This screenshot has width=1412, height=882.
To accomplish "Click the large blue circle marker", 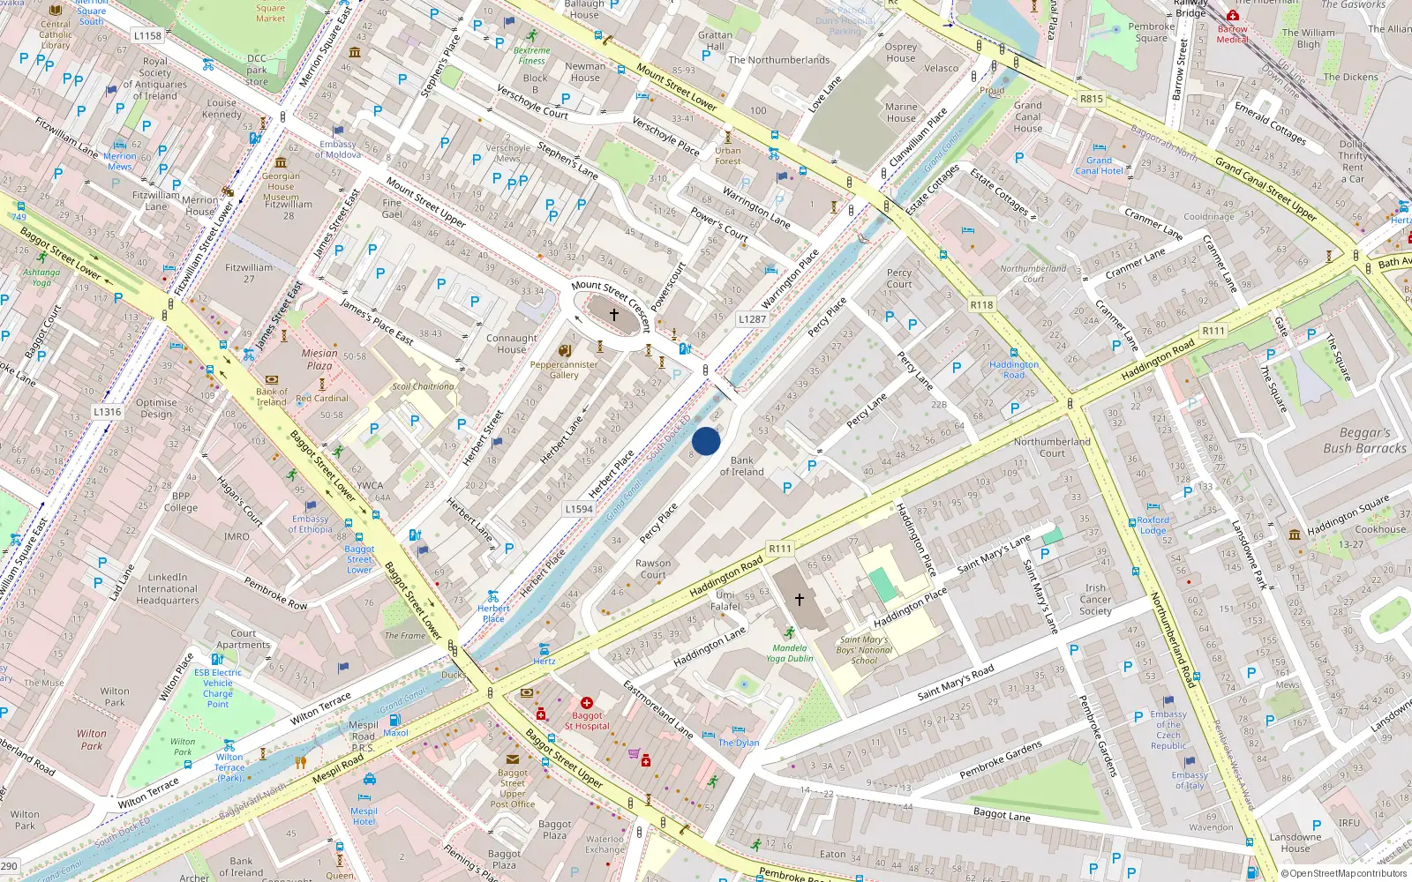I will coord(706,441).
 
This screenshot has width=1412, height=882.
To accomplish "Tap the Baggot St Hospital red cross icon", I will coord(587,703).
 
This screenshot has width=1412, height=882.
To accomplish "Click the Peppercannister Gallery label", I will coord(564,370).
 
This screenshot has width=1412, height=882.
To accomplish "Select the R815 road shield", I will coord(1092,99).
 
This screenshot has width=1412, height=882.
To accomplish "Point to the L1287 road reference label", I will coord(752,319).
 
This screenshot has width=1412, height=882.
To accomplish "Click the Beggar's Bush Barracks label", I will coord(1364,440).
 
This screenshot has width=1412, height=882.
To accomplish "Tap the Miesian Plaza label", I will coord(319,359).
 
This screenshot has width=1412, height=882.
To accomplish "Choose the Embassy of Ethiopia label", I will coord(310,524).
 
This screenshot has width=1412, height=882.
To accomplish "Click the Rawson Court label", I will coord(653,569).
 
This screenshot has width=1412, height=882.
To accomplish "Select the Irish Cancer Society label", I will coord(1095,599).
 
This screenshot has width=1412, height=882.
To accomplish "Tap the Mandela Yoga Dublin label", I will coord(789,653).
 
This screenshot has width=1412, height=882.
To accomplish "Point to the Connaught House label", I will coord(511,343).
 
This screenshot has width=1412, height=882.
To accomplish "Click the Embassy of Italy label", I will coord(1190,780).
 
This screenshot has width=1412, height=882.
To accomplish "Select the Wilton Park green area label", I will coord(91,739).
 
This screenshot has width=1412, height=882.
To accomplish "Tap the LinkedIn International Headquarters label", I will coord(168,588).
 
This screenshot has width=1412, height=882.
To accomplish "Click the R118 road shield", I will coord(981,305).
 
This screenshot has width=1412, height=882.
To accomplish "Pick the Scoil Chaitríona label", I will coord(423,386).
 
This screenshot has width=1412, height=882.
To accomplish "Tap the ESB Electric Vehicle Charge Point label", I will coord(218,688).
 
